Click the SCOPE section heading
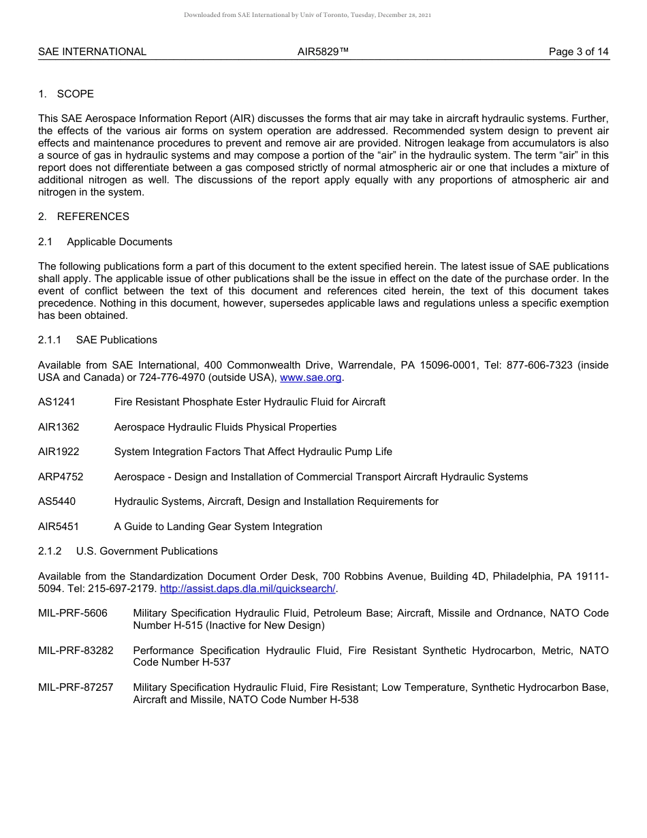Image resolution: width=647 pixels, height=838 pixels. click(x=75, y=94)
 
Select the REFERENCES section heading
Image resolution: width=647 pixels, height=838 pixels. click(x=93, y=217)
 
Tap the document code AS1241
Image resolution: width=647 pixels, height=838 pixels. click(x=57, y=402)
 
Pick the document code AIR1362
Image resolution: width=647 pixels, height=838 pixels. click(x=59, y=427)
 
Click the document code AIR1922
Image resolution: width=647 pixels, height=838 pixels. click(x=59, y=452)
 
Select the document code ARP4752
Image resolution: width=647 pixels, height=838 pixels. click(x=61, y=477)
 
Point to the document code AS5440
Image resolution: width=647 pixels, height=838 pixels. click(x=57, y=501)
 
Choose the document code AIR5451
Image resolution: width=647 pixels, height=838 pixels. click(x=59, y=527)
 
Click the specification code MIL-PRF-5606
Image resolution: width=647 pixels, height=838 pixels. click(x=73, y=613)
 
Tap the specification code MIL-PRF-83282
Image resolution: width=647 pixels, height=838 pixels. click(x=76, y=651)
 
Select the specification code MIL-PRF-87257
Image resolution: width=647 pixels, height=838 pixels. click(x=76, y=687)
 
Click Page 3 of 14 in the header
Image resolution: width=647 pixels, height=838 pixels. click(x=578, y=52)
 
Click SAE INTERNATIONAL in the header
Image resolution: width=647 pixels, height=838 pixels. click(x=92, y=52)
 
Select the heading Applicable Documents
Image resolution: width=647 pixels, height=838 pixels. click(x=119, y=242)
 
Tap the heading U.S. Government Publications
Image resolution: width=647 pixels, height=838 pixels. click(x=146, y=551)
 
